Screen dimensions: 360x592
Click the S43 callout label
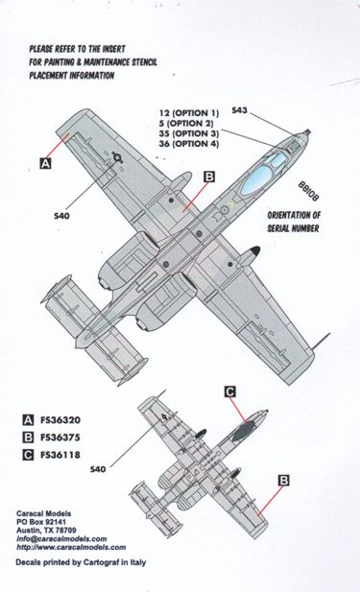click(x=239, y=110)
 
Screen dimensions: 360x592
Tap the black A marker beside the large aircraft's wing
click(x=45, y=163)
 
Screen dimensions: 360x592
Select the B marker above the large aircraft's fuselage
click(x=209, y=177)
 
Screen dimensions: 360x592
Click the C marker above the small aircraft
click(x=230, y=391)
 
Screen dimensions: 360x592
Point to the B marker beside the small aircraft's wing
click(x=284, y=481)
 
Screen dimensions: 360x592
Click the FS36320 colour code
click(x=60, y=420)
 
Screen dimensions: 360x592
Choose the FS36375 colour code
click(x=60, y=438)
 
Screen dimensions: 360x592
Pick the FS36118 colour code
click(x=60, y=455)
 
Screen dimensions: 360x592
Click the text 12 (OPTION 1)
click(x=189, y=113)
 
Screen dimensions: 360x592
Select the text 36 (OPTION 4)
click(x=189, y=144)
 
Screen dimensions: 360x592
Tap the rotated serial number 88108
click(x=308, y=191)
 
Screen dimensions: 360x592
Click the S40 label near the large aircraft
click(x=61, y=216)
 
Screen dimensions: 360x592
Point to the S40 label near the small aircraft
click(x=98, y=469)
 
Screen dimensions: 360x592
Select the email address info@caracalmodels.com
click(x=61, y=539)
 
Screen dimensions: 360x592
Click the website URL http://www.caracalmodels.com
click(x=71, y=547)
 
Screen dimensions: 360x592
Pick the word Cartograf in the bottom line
click(x=101, y=562)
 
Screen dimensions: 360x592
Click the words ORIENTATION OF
click(x=294, y=215)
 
